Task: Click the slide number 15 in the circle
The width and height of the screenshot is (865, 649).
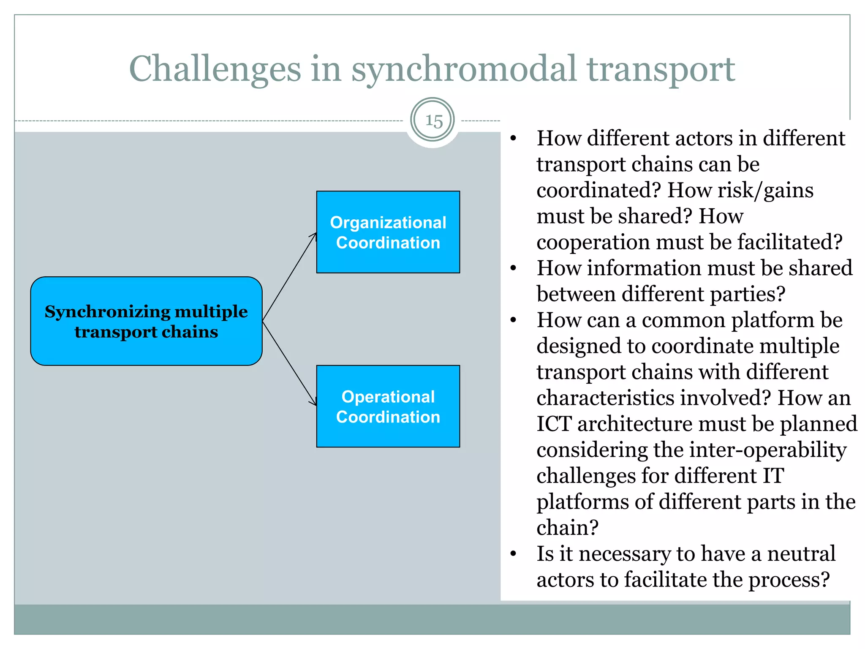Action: [x=433, y=121]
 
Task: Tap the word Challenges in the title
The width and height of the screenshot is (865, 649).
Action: [x=215, y=69]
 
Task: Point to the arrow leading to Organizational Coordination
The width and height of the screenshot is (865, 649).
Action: [x=289, y=277]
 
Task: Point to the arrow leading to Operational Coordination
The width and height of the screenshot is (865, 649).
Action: [x=289, y=363]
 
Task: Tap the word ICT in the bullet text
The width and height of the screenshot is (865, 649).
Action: [x=554, y=424]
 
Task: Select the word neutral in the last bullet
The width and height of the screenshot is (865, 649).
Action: [x=801, y=554]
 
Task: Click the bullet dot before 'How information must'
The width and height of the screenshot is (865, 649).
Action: [x=513, y=268]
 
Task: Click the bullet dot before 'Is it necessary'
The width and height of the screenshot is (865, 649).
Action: [x=513, y=554]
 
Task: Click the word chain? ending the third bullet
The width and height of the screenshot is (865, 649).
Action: [x=567, y=528]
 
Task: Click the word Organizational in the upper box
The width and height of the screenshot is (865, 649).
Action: [x=388, y=223]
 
